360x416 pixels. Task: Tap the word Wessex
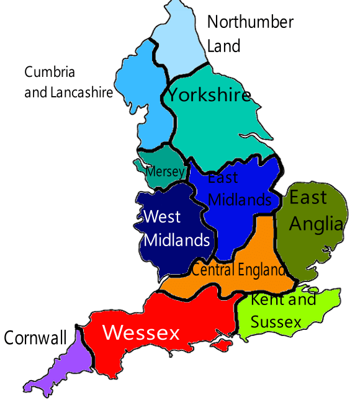tap(141, 333)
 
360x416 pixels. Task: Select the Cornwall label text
tap(35, 338)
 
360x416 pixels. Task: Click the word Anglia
tap(316, 224)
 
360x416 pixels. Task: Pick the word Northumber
tap(250, 22)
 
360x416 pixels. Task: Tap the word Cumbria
tap(50, 72)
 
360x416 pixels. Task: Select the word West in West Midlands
tap(162, 216)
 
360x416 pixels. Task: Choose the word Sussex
tap(276, 322)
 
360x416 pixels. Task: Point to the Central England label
tap(238, 270)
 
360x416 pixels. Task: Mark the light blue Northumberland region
tap(180, 43)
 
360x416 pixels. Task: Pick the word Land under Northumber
tap(223, 46)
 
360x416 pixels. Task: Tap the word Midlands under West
tap(177, 240)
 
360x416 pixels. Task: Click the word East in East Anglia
tap(308, 198)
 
